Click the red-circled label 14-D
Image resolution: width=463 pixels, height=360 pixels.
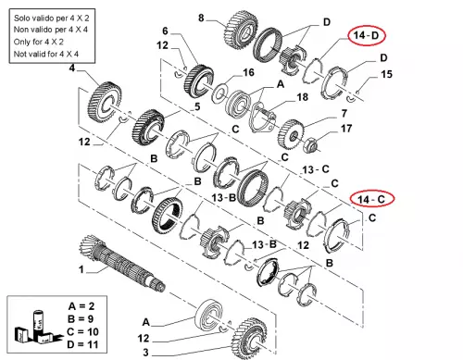coord(367,35)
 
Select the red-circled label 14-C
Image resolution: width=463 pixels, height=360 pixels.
coord(372,199)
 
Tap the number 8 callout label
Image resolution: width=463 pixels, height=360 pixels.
coord(201,18)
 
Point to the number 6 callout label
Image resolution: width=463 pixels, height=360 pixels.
coord(165,31)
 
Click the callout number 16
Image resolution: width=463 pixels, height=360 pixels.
coord(248,72)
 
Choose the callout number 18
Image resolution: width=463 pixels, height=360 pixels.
coord(302,97)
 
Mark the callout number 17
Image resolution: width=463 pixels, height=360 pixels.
coord(346,129)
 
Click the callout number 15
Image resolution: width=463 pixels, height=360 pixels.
coord(386,74)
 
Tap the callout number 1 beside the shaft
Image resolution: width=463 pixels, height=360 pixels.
coord(81,269)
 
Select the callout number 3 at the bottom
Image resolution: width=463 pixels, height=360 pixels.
coord(145,352)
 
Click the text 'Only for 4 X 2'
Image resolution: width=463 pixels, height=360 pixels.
coord(39,42)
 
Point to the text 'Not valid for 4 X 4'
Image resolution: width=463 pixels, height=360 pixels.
coord(46,54)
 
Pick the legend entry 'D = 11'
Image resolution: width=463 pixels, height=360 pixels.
coord(82,344)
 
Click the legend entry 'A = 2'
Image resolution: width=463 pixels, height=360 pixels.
coord(81,306)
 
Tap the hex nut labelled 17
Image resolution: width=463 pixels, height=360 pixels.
coord(309,144)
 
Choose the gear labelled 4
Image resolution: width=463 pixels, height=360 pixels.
coord(105,102)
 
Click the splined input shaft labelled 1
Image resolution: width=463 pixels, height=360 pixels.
coord(122,262)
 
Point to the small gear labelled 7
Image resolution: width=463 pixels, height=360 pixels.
coord(291,134)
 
